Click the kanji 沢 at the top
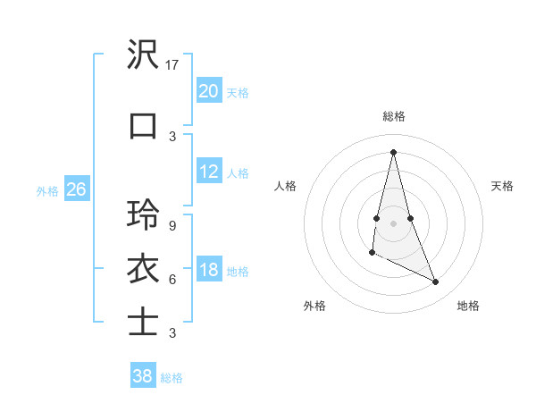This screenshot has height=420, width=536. (143, 55)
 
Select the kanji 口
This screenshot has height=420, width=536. (143, 125)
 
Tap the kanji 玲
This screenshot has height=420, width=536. (143, 215)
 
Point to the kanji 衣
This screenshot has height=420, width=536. (143, 269)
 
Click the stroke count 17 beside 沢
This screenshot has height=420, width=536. (173, 65)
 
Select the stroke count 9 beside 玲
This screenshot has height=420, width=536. (172, 225)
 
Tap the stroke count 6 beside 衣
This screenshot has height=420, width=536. (172, 279)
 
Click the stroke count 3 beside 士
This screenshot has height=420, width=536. (172, 333)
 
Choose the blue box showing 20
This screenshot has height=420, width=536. (208, 91)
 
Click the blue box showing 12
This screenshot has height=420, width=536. (208, 172)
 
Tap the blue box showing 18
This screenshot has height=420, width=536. (208, 270)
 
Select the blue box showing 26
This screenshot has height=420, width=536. (76, 189)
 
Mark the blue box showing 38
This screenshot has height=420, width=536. (142, 376)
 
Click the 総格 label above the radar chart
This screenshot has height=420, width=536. (394, 116)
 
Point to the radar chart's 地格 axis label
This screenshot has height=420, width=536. (468, 306)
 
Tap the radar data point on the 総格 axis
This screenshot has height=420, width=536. (393, 152)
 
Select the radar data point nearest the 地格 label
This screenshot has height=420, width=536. (436, 281)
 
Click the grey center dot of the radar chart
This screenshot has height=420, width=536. (393, 223)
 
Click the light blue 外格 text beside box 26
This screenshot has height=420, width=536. (47, 190)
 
